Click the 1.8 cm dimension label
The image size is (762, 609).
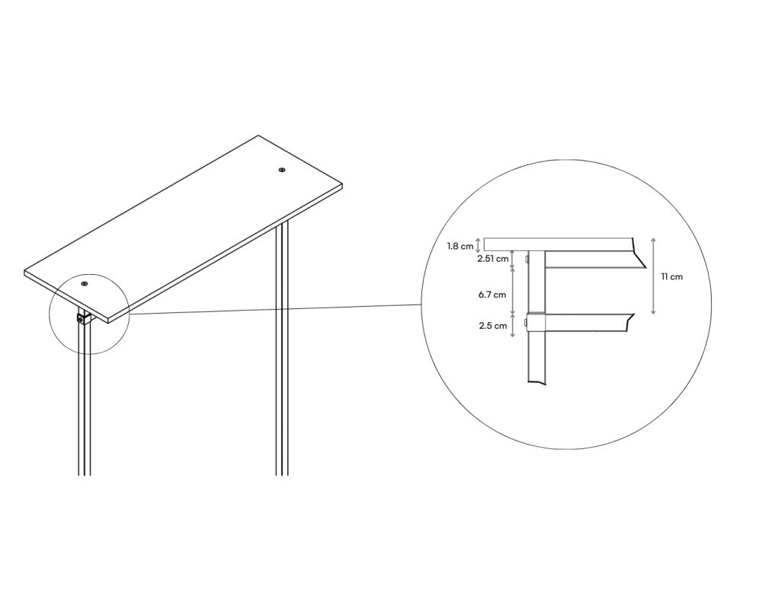460,246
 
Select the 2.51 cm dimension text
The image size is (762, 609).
493,259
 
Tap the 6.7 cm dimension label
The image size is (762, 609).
492,295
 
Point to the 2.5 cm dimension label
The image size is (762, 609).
493,325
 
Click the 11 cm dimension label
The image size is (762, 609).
671,277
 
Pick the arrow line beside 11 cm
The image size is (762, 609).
653,276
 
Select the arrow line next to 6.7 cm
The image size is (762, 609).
513,290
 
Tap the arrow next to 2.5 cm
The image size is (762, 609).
513,325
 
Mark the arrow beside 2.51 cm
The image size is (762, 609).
513,260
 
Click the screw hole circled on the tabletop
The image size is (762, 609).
85,284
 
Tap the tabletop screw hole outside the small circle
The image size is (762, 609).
282,170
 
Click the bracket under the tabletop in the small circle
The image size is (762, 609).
84,318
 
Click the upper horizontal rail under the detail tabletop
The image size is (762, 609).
594,260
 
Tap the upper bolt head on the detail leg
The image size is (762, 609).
527,260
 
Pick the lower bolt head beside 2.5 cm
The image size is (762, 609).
527,323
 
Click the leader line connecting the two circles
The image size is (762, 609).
275,309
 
